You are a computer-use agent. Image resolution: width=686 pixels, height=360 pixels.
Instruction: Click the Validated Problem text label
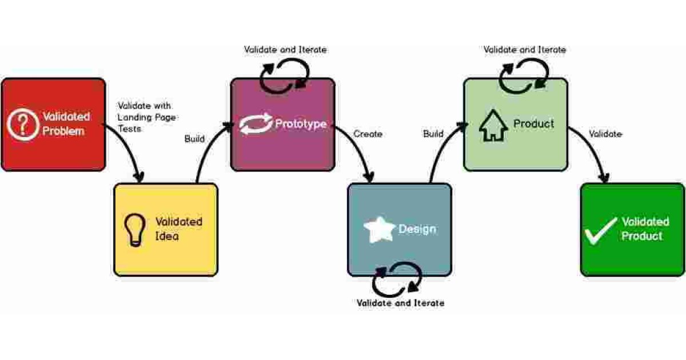coord(66,124)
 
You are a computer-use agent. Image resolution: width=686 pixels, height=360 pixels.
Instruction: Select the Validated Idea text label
coord(179,229)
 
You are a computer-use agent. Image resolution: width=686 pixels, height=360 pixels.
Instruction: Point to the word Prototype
coord(301,124)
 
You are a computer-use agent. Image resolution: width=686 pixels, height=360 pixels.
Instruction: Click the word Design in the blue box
coord(417,229)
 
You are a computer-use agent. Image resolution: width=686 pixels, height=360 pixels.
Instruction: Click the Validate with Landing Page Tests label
coord(146,117)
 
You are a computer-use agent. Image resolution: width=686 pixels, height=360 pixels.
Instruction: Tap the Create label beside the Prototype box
coord(368,134)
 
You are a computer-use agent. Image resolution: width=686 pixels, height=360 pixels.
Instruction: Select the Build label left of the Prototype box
coord(194,139)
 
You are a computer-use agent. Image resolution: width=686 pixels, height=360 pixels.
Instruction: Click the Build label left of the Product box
coord(433,134)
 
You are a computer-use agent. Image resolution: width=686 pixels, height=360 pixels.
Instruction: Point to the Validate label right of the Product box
coord(605,134)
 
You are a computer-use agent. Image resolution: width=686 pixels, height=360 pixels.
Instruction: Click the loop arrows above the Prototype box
coord(284,77)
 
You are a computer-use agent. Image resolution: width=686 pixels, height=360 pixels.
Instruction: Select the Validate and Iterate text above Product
coord(524,50)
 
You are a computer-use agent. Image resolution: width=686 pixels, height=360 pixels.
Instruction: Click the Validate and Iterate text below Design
coord(400,303)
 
